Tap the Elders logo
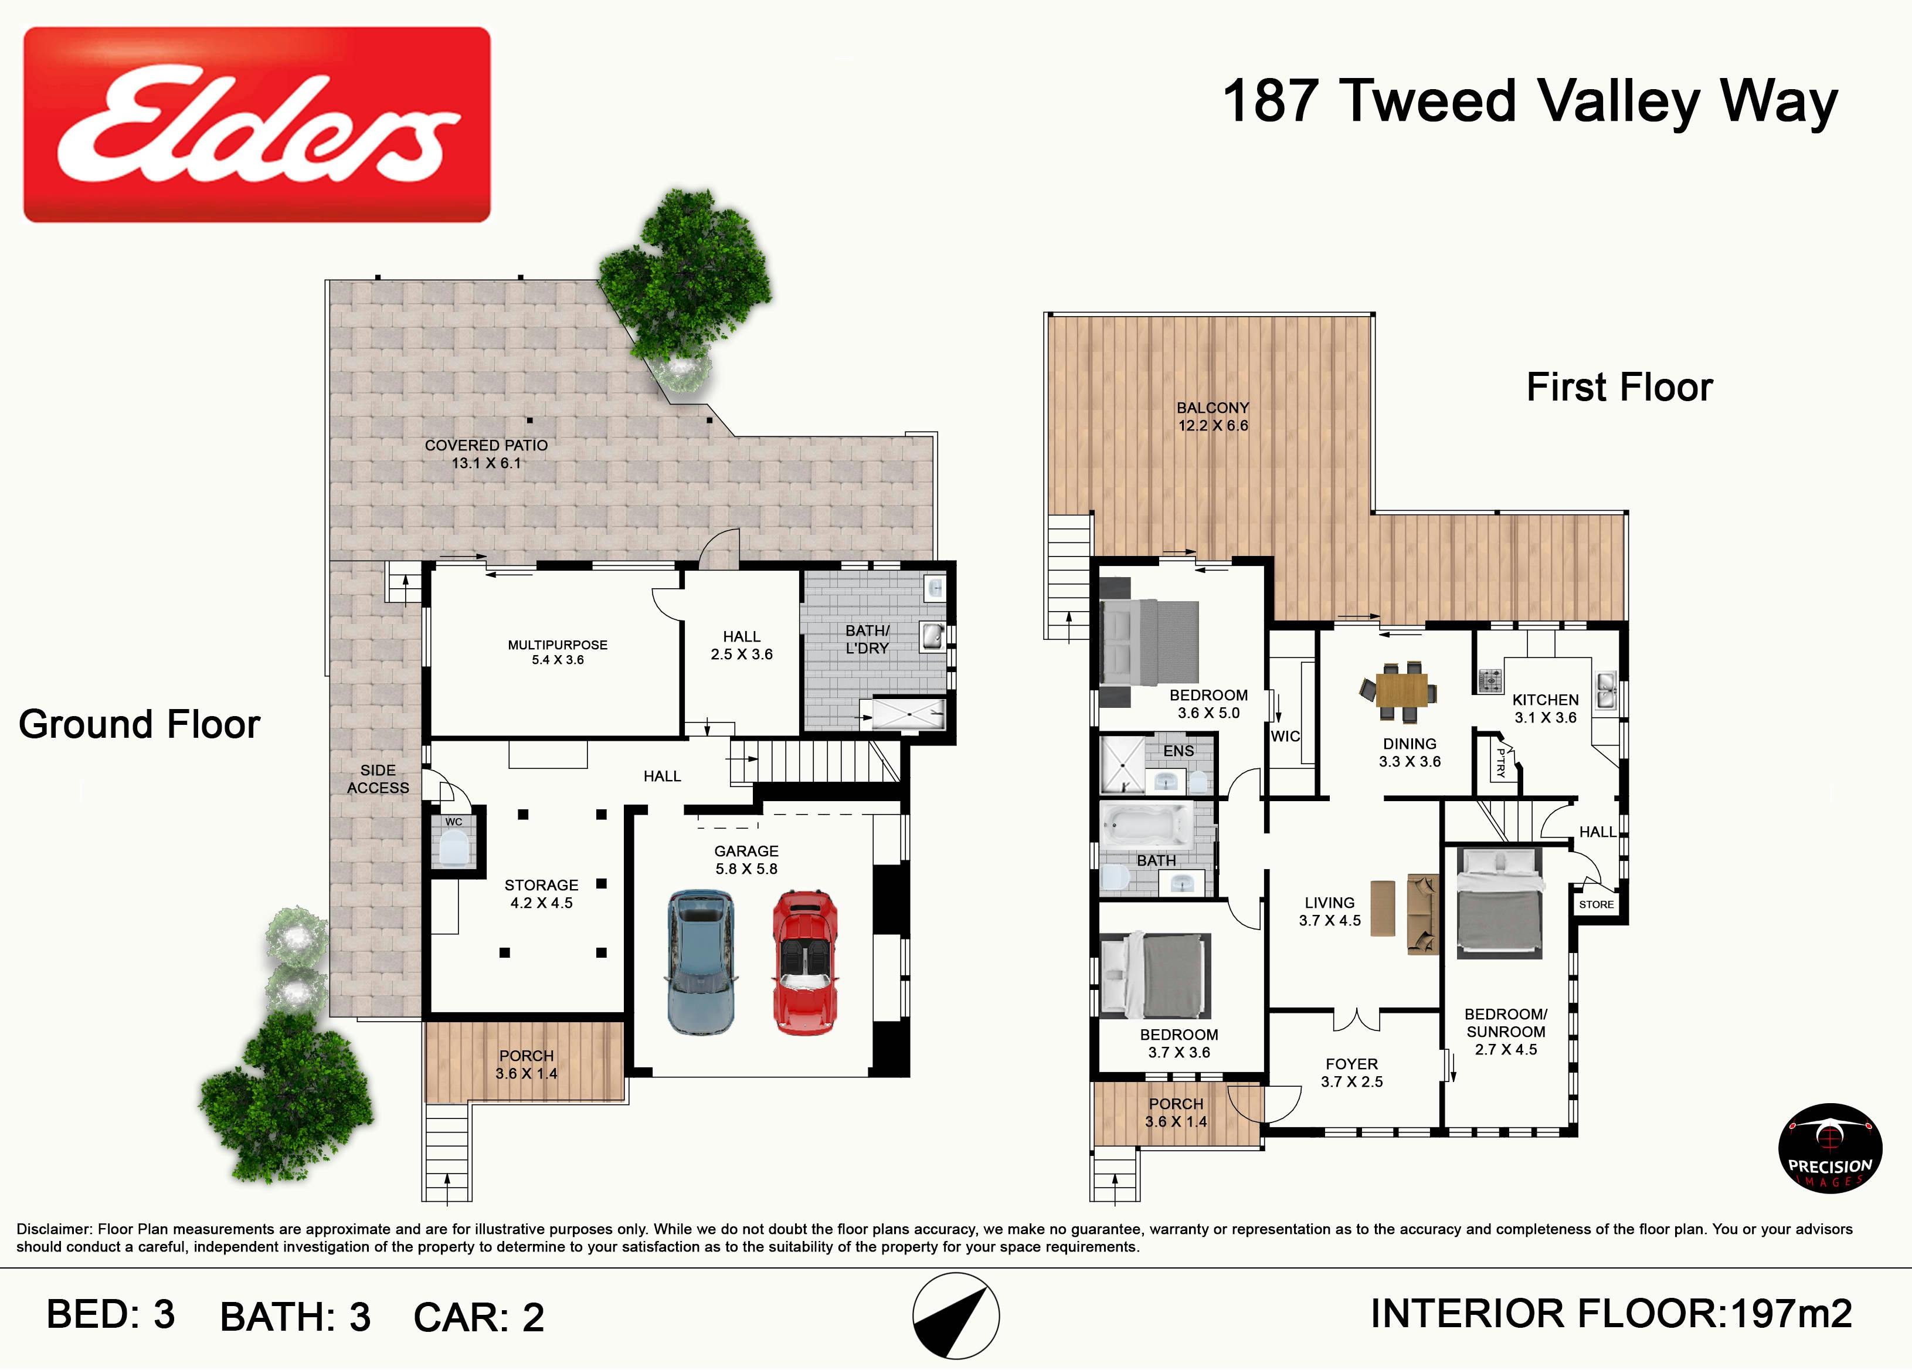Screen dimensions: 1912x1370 (x=257, y=125)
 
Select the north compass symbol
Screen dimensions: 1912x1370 (x=955, y=1316)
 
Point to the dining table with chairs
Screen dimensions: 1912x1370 (x=1400, y=691)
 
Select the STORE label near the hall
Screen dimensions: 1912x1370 (x=1596, y=904)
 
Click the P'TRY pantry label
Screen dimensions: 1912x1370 (x=1500, y=762)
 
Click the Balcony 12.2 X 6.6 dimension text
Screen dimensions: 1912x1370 (x=1213, y=426)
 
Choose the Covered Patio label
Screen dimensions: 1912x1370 (x=487, y=445)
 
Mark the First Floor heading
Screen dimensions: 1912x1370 (x=1619, y=388)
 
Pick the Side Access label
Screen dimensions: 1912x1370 (x=379, y=779)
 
